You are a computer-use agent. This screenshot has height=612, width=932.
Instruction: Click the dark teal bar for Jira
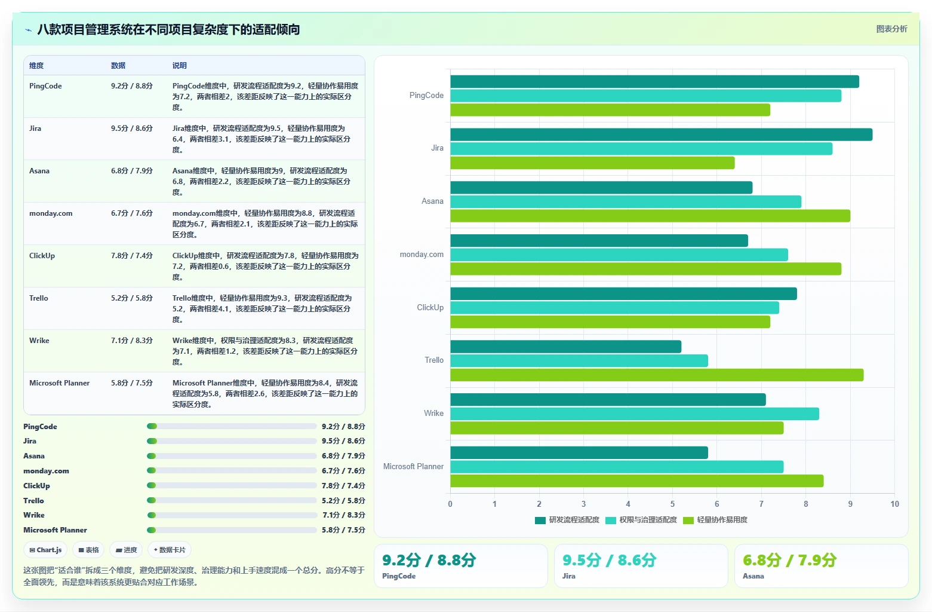pos(661,134)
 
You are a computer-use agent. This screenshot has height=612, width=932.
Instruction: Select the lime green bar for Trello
pos(657,375)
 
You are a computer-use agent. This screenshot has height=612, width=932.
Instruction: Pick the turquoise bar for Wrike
pos(635,414)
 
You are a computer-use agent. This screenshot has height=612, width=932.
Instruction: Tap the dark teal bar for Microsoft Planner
pos(579,453)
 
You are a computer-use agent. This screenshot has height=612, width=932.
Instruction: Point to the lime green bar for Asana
pos(650,216)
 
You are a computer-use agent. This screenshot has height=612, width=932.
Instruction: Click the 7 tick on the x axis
pos(761,504)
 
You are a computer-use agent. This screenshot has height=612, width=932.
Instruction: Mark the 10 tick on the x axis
pos(894,504)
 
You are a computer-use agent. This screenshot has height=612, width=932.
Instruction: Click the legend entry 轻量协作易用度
pos(715,520)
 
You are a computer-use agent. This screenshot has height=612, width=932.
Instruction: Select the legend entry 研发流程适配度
pos(567,520)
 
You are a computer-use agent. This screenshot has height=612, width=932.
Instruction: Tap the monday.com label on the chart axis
pos(422,254)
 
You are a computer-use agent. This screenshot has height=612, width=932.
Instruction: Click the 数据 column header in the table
pos(118,65)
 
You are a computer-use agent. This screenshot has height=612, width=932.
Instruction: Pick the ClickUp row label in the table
pos(42,255)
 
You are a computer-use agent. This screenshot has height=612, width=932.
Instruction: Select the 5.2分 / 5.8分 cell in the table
pos(132,298)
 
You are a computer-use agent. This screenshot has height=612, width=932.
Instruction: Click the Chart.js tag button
pos(45,550)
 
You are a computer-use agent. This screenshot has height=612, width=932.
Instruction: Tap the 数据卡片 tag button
pos(170,550)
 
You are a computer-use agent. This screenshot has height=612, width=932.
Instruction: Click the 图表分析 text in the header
pos(891,29)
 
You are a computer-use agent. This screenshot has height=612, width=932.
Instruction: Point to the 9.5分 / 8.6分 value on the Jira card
pos(609,561)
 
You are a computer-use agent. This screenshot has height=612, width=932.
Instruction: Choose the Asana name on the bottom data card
pos(753,576)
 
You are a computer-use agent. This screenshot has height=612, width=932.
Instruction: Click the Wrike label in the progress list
pos(33,515)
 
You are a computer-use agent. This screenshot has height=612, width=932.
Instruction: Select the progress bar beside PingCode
pos(232,426)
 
